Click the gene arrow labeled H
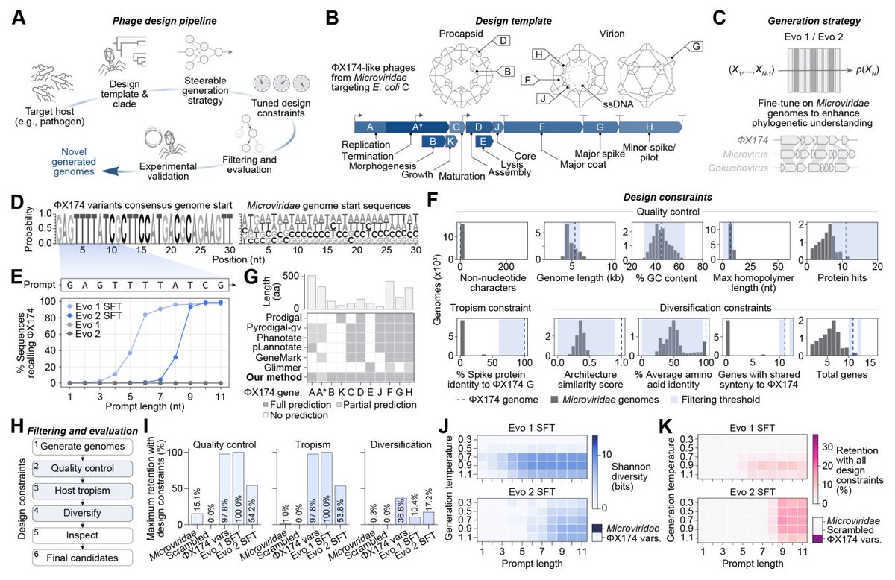647,127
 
